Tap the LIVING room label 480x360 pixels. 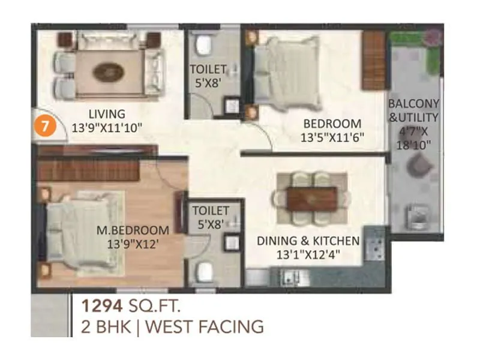click(107, 113)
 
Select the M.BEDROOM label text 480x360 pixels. click(133, 230)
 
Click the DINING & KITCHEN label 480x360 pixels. click(308, 241)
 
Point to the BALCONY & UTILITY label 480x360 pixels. click(413, 110)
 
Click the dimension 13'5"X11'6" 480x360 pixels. click(333, 137)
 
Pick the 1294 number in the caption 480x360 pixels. click(104, 307)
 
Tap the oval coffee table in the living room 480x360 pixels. click(109, 72)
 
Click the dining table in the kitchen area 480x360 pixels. click(310, 198)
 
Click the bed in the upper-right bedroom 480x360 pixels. click(285, 67)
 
